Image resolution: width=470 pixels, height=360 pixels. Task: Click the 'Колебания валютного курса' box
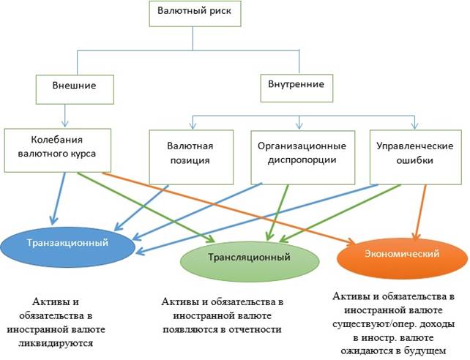tap(57, 149)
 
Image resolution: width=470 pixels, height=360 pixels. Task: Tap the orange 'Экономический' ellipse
tap(403, 253)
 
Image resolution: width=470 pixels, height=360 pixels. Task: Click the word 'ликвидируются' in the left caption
tap(62, 342)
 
